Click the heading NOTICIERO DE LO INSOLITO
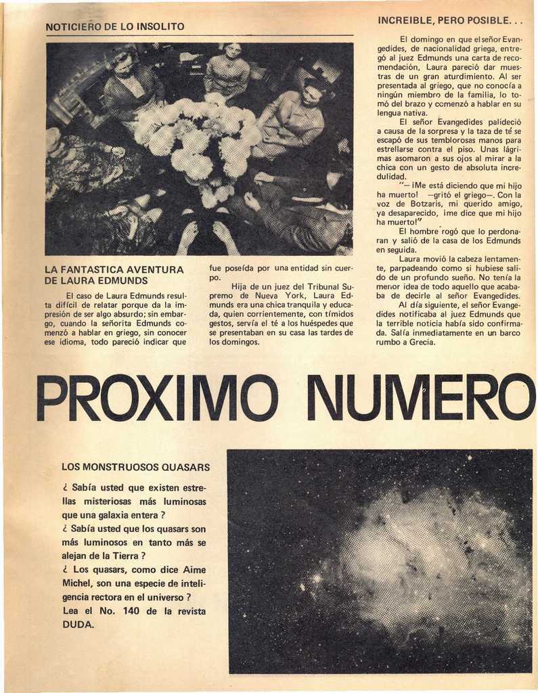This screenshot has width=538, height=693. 114,27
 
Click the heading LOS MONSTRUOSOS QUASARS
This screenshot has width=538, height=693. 135,467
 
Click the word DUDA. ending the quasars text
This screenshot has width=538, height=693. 79,625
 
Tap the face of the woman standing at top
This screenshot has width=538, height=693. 233,51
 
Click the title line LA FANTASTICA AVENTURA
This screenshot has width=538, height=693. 114,269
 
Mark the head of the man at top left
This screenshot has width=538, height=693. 123,64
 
